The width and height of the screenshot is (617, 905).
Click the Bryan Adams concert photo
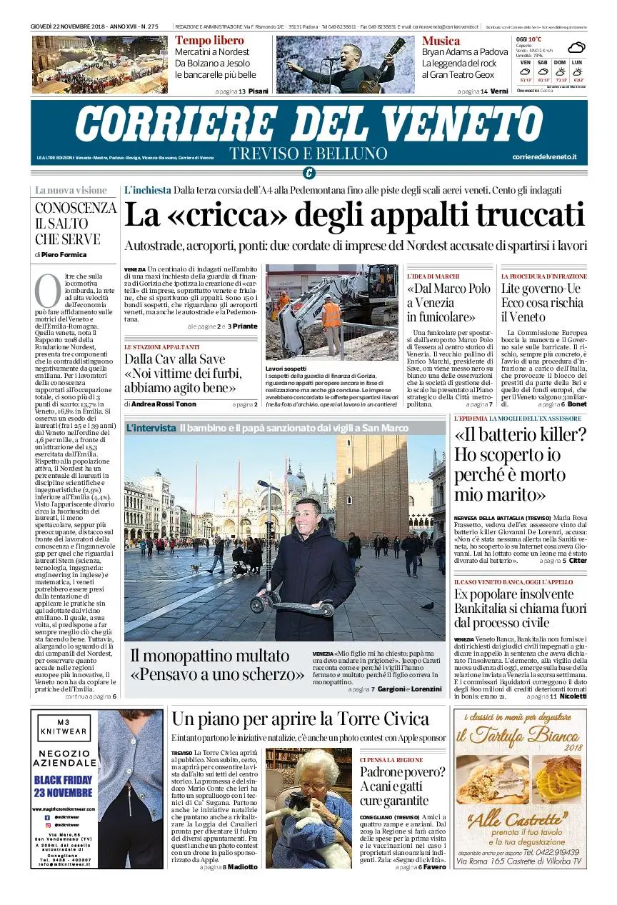click(345, 64)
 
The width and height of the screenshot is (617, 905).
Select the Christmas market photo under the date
click(100, 64)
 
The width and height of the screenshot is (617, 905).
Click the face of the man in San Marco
click(308, 511)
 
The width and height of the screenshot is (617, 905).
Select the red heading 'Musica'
click(441, 41)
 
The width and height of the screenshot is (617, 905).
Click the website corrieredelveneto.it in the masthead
click(545, 156)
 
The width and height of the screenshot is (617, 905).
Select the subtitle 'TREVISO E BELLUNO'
click(308, 154)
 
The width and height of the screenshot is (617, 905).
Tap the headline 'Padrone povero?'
click(402, 772)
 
